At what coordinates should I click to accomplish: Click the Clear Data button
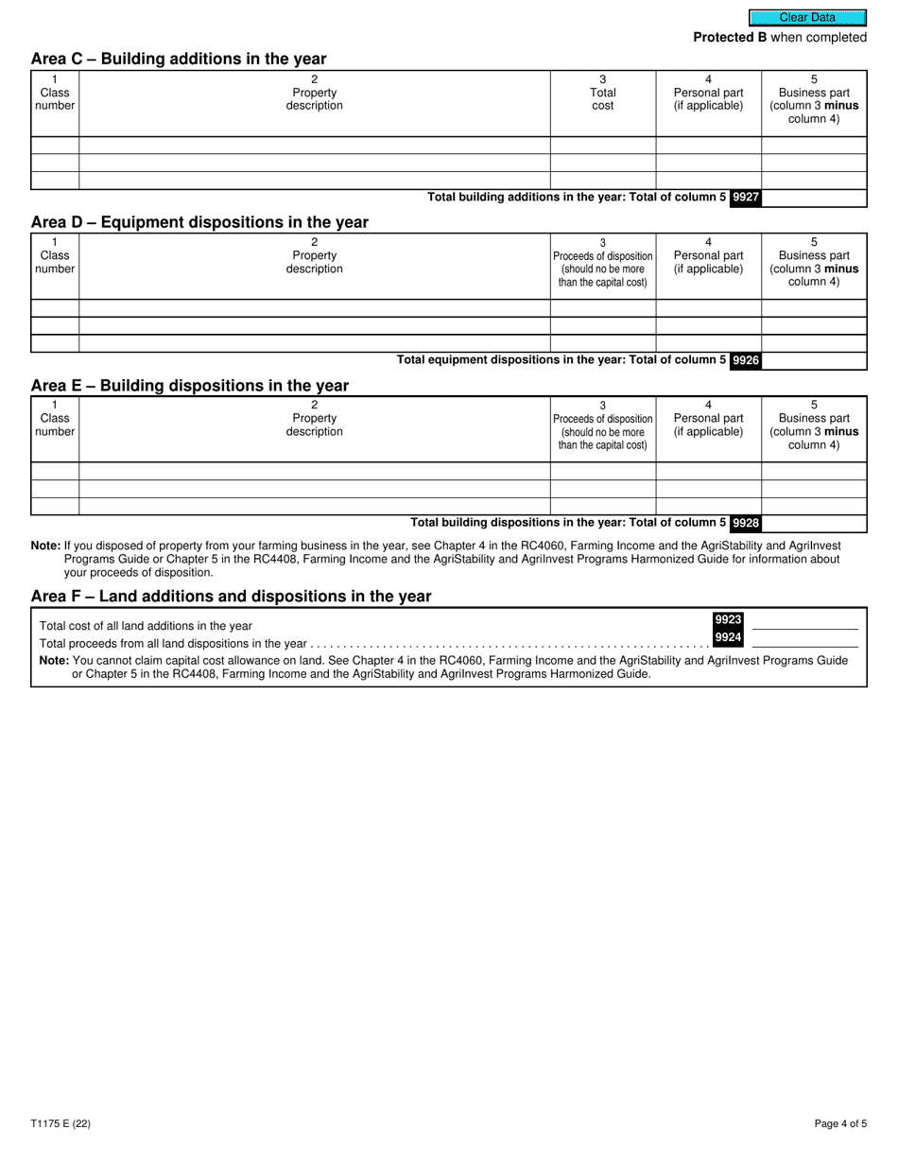pos(807,17)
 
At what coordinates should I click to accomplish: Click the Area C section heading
pos(179,59)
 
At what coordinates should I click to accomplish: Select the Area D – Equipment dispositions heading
pos(199,222)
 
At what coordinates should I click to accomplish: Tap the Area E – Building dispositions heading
pos(190,386)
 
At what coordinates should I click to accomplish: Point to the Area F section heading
pos(231,596)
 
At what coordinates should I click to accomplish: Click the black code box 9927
pos(746,198)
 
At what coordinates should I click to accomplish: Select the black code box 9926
pos(746,360)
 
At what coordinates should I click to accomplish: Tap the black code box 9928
pos(746,523)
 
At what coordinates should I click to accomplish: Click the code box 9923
pos(728,620)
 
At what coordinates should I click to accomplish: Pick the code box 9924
pos(728,637)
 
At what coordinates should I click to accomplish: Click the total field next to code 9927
pos(814,198)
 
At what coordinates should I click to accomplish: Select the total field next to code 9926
pos(814,360)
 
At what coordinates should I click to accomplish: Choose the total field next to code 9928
pos(814,523)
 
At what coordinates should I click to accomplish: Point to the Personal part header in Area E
pos(708,425)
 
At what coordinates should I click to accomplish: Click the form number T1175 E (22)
pos(60,1124)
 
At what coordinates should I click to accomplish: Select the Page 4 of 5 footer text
pos(839,1124)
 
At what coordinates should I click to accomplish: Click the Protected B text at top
pos(780,38)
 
